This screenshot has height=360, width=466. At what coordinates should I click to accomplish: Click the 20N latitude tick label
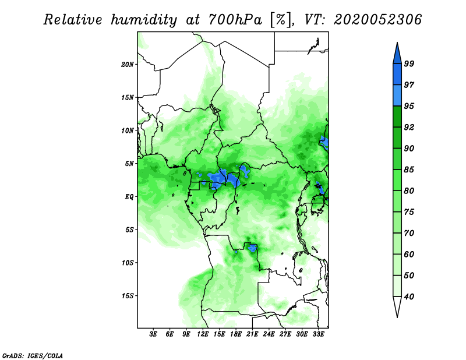point(128,64)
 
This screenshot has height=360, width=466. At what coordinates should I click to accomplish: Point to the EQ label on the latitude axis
point(129,197)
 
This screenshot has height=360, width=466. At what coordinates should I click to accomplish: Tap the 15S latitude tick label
point(128,296)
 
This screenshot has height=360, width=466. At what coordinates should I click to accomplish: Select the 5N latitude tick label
point(129,164)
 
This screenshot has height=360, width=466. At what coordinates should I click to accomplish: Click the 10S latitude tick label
point(128,263)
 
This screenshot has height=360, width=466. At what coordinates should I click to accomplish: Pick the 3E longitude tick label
point(153,334)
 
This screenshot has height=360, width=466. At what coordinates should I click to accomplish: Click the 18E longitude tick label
point(236,334)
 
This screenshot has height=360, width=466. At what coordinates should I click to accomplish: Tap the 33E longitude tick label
point(318,334)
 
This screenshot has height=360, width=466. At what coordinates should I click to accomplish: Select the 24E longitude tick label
point(269,334)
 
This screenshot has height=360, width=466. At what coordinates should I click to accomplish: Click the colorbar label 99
point(409,63)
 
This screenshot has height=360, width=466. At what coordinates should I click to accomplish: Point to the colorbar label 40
point(409,297)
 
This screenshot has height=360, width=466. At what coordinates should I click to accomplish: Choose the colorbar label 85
point(409,170)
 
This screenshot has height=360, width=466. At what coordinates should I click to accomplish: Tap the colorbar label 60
point(409,254)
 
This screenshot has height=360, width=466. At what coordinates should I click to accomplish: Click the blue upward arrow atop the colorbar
point(397,55)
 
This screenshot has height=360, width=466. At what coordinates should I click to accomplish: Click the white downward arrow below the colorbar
point(397,306)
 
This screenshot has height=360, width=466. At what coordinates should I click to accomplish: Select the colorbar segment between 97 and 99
point(397,75)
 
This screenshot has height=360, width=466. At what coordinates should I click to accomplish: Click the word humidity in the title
point(144,20)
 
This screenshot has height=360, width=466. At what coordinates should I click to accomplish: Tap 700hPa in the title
point(235,20)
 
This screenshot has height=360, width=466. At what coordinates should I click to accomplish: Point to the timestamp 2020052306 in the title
point(377,20)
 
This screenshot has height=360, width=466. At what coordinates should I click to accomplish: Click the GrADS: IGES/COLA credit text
point(33,356)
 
